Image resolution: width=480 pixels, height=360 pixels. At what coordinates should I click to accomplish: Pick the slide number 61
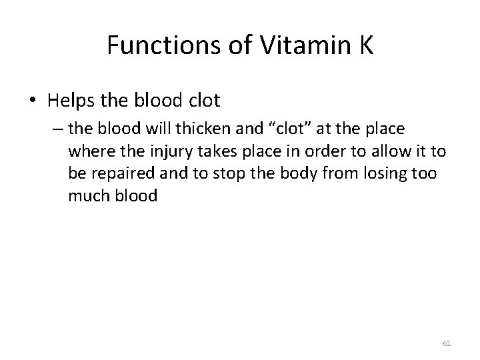447,343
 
